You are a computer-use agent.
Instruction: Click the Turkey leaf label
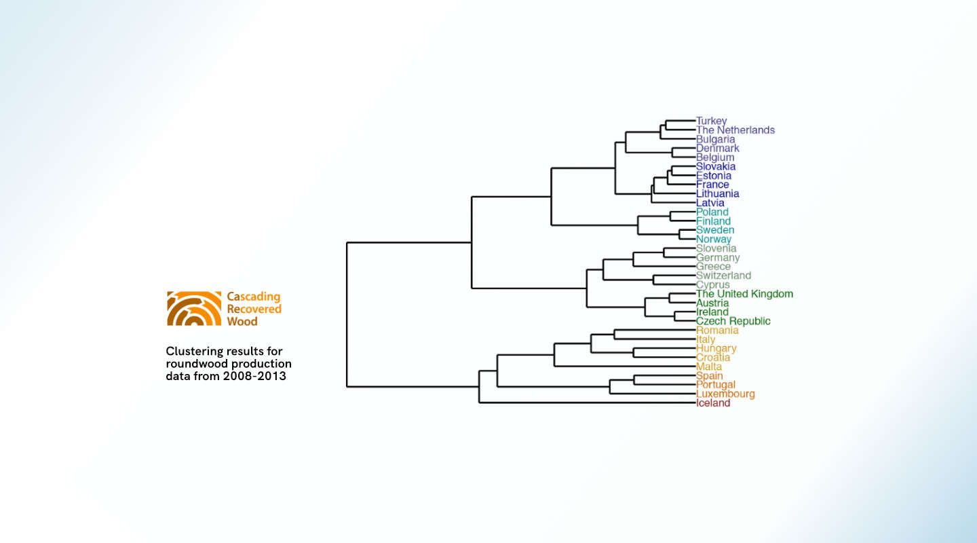pos(711,121)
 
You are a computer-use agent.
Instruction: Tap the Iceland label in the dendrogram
pos(713,403)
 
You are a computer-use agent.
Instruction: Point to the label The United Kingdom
pos(744,294)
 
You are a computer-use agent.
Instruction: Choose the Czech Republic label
pos(733,321)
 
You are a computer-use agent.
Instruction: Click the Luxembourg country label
pos(725,394)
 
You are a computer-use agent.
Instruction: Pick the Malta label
pos(709,367)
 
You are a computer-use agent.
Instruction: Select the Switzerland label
pos(723,276)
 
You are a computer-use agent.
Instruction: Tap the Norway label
pos(714,239)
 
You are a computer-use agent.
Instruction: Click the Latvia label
pos(710,203)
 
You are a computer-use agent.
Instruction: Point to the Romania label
pos(717,331)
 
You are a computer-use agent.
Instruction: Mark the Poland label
pos(712,212)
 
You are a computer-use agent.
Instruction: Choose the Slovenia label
pos(716,248)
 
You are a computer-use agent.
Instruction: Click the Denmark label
pos(717,148)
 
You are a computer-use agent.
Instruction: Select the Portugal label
pos(715,385)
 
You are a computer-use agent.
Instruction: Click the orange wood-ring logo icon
pos(194,309)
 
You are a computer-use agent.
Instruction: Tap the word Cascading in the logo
pos(253,297)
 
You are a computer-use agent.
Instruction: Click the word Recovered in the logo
pos(254,310)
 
